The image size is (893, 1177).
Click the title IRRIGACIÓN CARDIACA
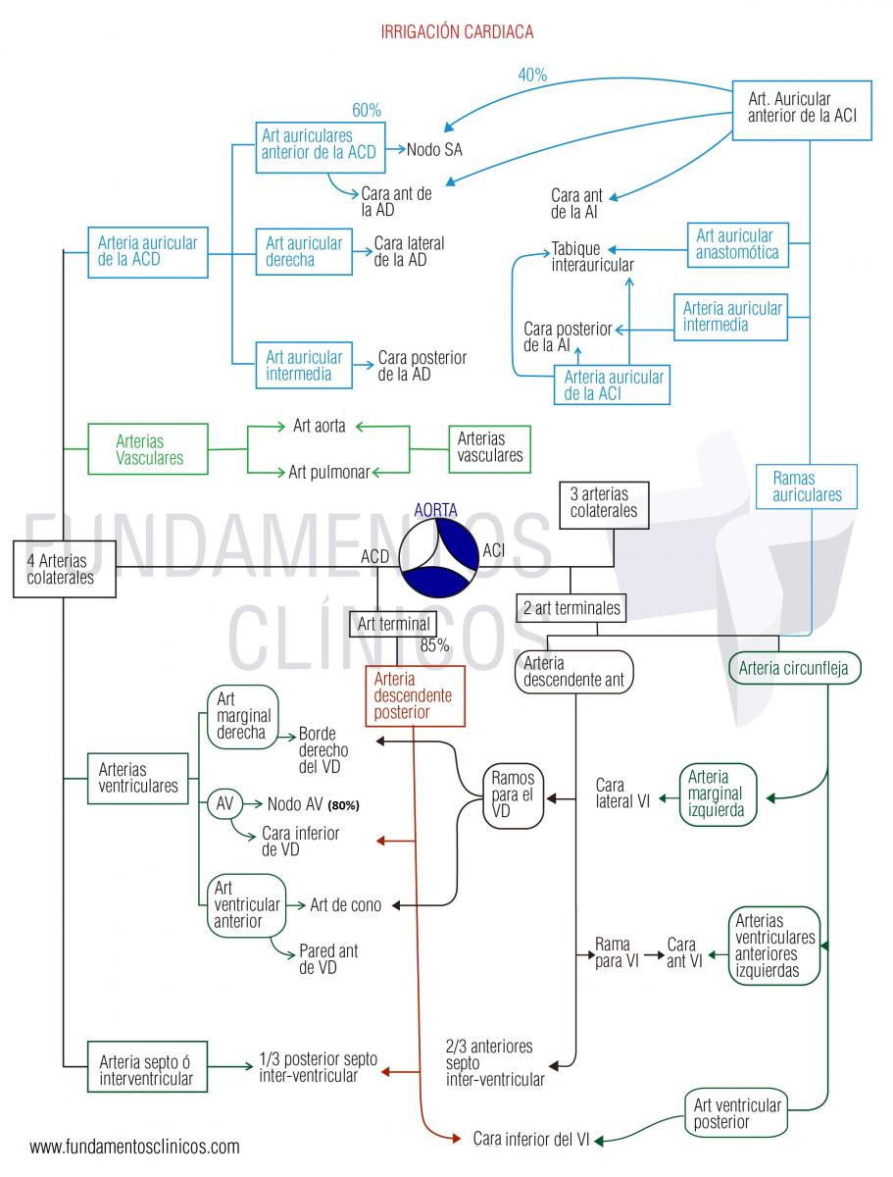point(457,31)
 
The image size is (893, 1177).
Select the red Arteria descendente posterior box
point(415,696)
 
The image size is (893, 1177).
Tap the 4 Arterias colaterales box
point(65,569)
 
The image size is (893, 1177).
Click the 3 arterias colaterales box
point(604,505)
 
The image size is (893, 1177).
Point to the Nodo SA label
point(434,150)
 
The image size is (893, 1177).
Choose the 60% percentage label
point(367,111)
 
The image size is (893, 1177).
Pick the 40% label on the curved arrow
point(532,75)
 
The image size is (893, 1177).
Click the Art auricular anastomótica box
point(738,244)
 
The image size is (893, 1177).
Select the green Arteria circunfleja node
point(794,668)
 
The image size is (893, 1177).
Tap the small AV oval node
point(224,803)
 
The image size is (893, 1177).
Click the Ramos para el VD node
point(513,795)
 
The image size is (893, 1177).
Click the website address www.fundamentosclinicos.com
point(134,1147)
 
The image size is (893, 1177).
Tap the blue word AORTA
point(435,509)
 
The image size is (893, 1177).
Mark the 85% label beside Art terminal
point(434,645)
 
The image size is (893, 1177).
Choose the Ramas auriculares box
point(806,486)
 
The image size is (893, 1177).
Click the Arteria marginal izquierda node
point(718,794)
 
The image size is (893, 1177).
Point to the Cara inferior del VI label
point(531,1139)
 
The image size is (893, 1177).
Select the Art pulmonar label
point(329,472)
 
